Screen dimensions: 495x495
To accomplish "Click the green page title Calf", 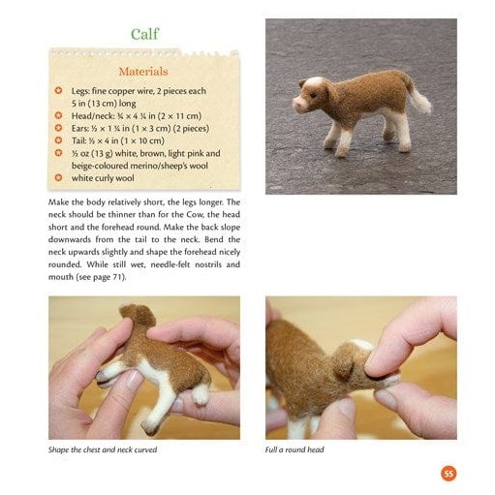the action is [145, 34].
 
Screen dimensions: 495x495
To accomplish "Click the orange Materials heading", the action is [143, 72].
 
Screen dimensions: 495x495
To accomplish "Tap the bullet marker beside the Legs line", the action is [58, 90].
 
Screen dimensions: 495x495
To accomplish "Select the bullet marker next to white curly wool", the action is [58, 177].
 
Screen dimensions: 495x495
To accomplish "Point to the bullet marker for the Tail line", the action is [58, 140].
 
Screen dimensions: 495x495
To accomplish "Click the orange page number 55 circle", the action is [449, 474].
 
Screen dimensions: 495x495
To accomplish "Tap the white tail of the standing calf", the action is [421, 100].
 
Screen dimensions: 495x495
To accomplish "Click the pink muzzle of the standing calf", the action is [300, 105].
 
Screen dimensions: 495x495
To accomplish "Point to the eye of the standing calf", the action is [314, 95].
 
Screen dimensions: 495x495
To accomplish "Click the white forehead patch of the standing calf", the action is [313, 82].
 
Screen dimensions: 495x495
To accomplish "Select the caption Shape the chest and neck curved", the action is [103, 449].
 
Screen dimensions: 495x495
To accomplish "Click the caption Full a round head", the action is [294, 449].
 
